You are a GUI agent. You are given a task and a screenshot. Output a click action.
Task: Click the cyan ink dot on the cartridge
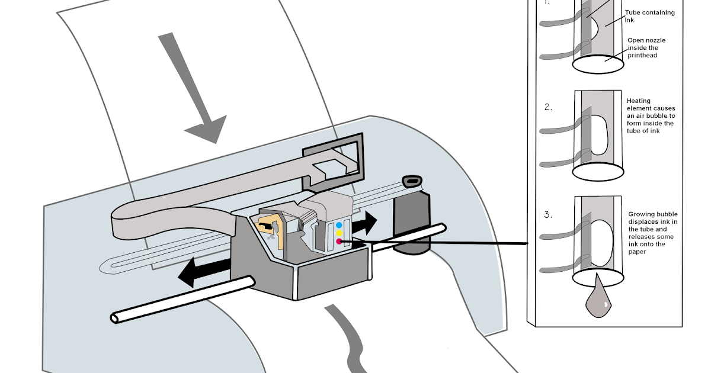click(x=339, y=226)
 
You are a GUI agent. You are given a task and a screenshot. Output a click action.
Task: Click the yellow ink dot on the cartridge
click(x=339, y=233)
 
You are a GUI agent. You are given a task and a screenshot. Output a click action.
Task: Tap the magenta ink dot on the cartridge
click(x=339, y=241)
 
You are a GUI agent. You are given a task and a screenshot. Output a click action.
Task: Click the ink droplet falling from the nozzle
click(x=597, y=301)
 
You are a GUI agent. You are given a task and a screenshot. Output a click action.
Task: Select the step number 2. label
click(x=549, y=107)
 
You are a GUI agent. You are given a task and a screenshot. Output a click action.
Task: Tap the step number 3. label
click(x=549, y=214)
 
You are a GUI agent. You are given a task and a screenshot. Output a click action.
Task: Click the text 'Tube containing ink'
click(x=649, y=16)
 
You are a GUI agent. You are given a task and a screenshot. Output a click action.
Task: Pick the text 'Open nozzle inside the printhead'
click(x=642, y=48)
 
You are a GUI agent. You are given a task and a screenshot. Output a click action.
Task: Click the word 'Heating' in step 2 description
click(x=638, y=101)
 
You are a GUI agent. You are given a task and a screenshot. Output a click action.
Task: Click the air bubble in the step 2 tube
click(x=600, y=134)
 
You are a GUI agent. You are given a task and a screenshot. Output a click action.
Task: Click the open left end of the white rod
click(x=115, y=318)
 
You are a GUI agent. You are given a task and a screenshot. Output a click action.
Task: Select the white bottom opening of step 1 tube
click(x=598, y=65)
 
